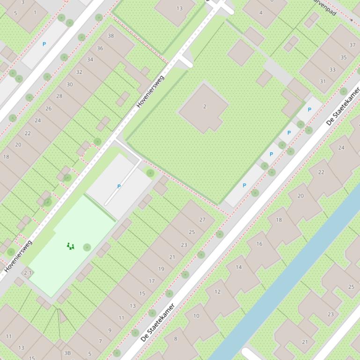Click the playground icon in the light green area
(71, 246)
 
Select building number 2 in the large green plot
(205, 107)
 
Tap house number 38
(111, 36)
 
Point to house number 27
(202, 219)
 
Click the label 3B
(67, 353)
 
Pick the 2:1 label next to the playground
(28, 273)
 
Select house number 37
(352, 45)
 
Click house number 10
(196, 316)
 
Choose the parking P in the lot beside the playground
(119, 187)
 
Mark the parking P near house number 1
(44, 44)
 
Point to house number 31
(323, 81)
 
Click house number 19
(162, 269)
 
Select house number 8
(176, 339)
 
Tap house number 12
(217, 292)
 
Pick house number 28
(59, 96)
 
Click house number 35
(344, 58)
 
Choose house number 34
(90, 60)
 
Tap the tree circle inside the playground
(87, 247)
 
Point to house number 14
(239, 267)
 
